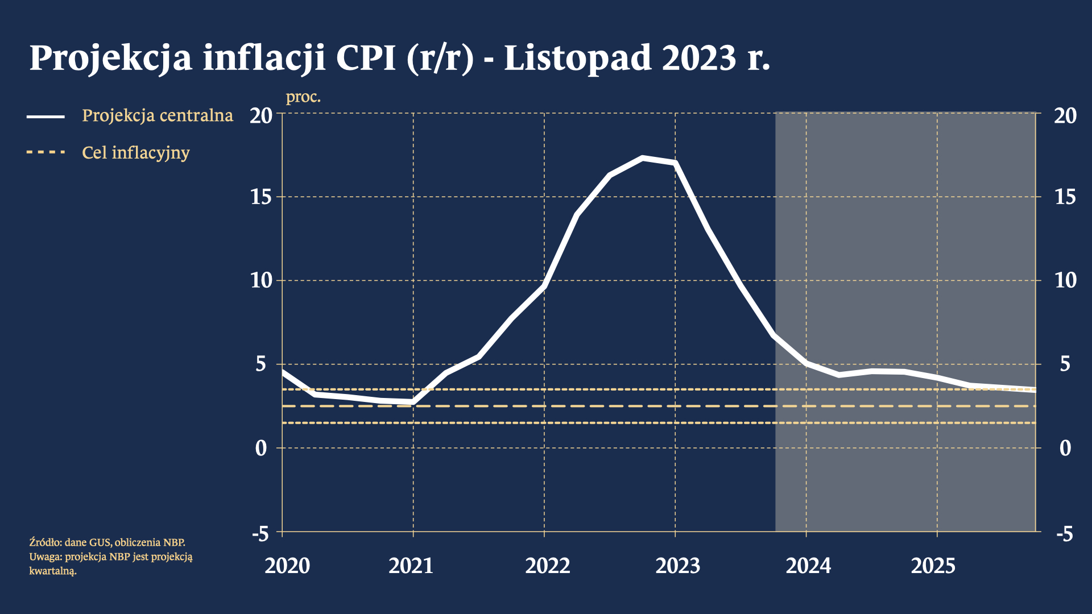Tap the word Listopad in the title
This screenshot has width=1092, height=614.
577,58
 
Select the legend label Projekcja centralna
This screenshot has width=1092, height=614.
158,115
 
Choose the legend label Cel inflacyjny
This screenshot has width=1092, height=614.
136,152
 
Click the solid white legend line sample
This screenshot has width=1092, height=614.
45,117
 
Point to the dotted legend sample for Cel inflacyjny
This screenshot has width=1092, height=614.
45,152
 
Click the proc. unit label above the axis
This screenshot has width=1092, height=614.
303,97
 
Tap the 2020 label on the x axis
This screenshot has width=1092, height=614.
287,566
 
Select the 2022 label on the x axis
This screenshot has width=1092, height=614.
547,566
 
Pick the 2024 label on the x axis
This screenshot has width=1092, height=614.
808,566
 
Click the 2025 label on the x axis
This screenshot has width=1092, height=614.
933,566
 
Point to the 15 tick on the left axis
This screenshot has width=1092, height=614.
262,197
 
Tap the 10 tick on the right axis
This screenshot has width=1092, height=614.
1065,280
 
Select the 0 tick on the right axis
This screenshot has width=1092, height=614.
1065,448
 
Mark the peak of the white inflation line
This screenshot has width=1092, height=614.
643,157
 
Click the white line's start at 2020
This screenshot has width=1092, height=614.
283,372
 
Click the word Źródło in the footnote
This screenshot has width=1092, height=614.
45,542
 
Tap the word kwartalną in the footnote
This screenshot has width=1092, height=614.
52,571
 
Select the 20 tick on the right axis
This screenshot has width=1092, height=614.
1065,115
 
